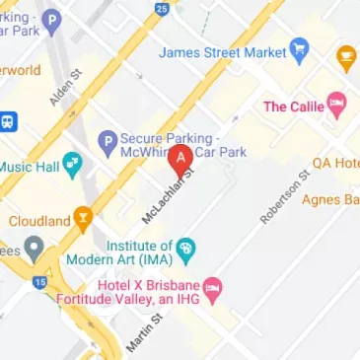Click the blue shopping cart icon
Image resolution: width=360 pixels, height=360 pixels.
point(300,49)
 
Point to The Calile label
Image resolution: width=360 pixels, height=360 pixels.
point(293,106)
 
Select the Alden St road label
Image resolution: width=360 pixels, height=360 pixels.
point(62,87)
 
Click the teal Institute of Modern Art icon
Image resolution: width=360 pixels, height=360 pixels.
point(186,249)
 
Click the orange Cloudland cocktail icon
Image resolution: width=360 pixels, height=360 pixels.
point(83,220)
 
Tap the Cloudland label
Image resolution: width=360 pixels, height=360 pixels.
point(36,221)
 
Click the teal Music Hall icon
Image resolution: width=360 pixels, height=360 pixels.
point(72,166)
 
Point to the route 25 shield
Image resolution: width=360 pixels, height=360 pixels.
point(161,10)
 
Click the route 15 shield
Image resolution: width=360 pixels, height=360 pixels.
point(38,282)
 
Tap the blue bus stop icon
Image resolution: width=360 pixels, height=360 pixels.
point(9,121)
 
